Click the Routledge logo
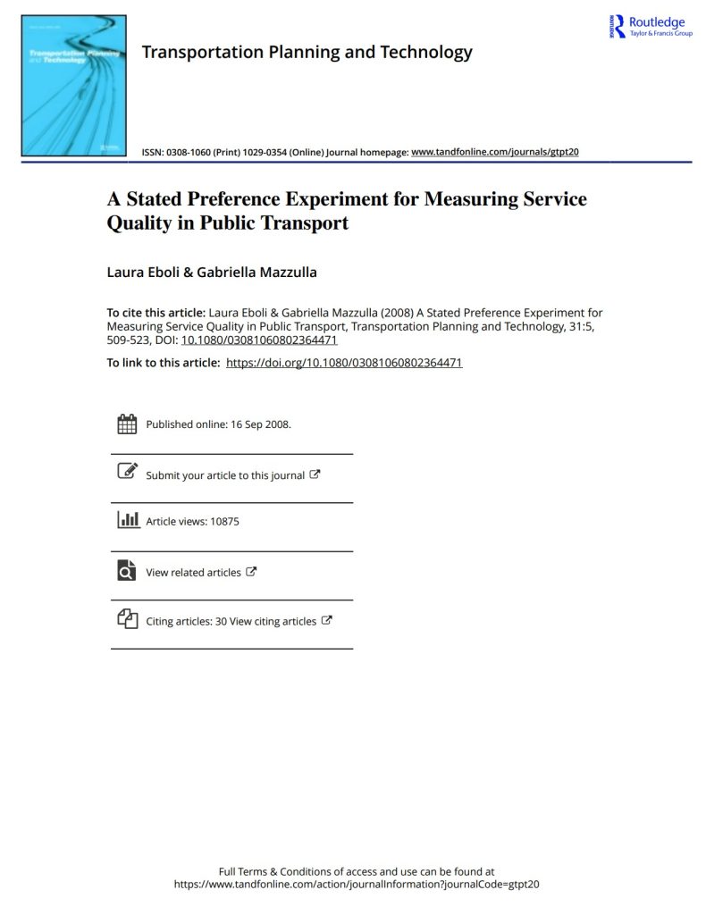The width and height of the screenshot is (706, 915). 650,26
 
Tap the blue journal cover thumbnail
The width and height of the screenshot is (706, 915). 74,85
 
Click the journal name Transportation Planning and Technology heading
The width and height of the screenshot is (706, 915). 307,52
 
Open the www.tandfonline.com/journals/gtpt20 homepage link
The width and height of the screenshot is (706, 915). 494,152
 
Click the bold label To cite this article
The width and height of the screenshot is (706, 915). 155,313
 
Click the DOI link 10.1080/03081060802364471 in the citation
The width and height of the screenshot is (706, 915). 259,340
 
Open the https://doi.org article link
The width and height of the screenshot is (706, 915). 344,363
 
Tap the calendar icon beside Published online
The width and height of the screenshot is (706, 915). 128,424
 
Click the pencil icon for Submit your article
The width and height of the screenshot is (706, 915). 128,471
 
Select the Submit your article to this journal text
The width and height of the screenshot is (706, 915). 225,475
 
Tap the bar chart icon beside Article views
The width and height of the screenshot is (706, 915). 128,520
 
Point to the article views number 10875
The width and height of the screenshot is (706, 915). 224,521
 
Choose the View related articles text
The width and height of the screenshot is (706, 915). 193,572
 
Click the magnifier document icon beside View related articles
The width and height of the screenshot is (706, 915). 128,570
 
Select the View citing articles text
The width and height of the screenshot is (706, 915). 273,621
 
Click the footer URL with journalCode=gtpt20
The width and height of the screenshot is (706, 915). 357,885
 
